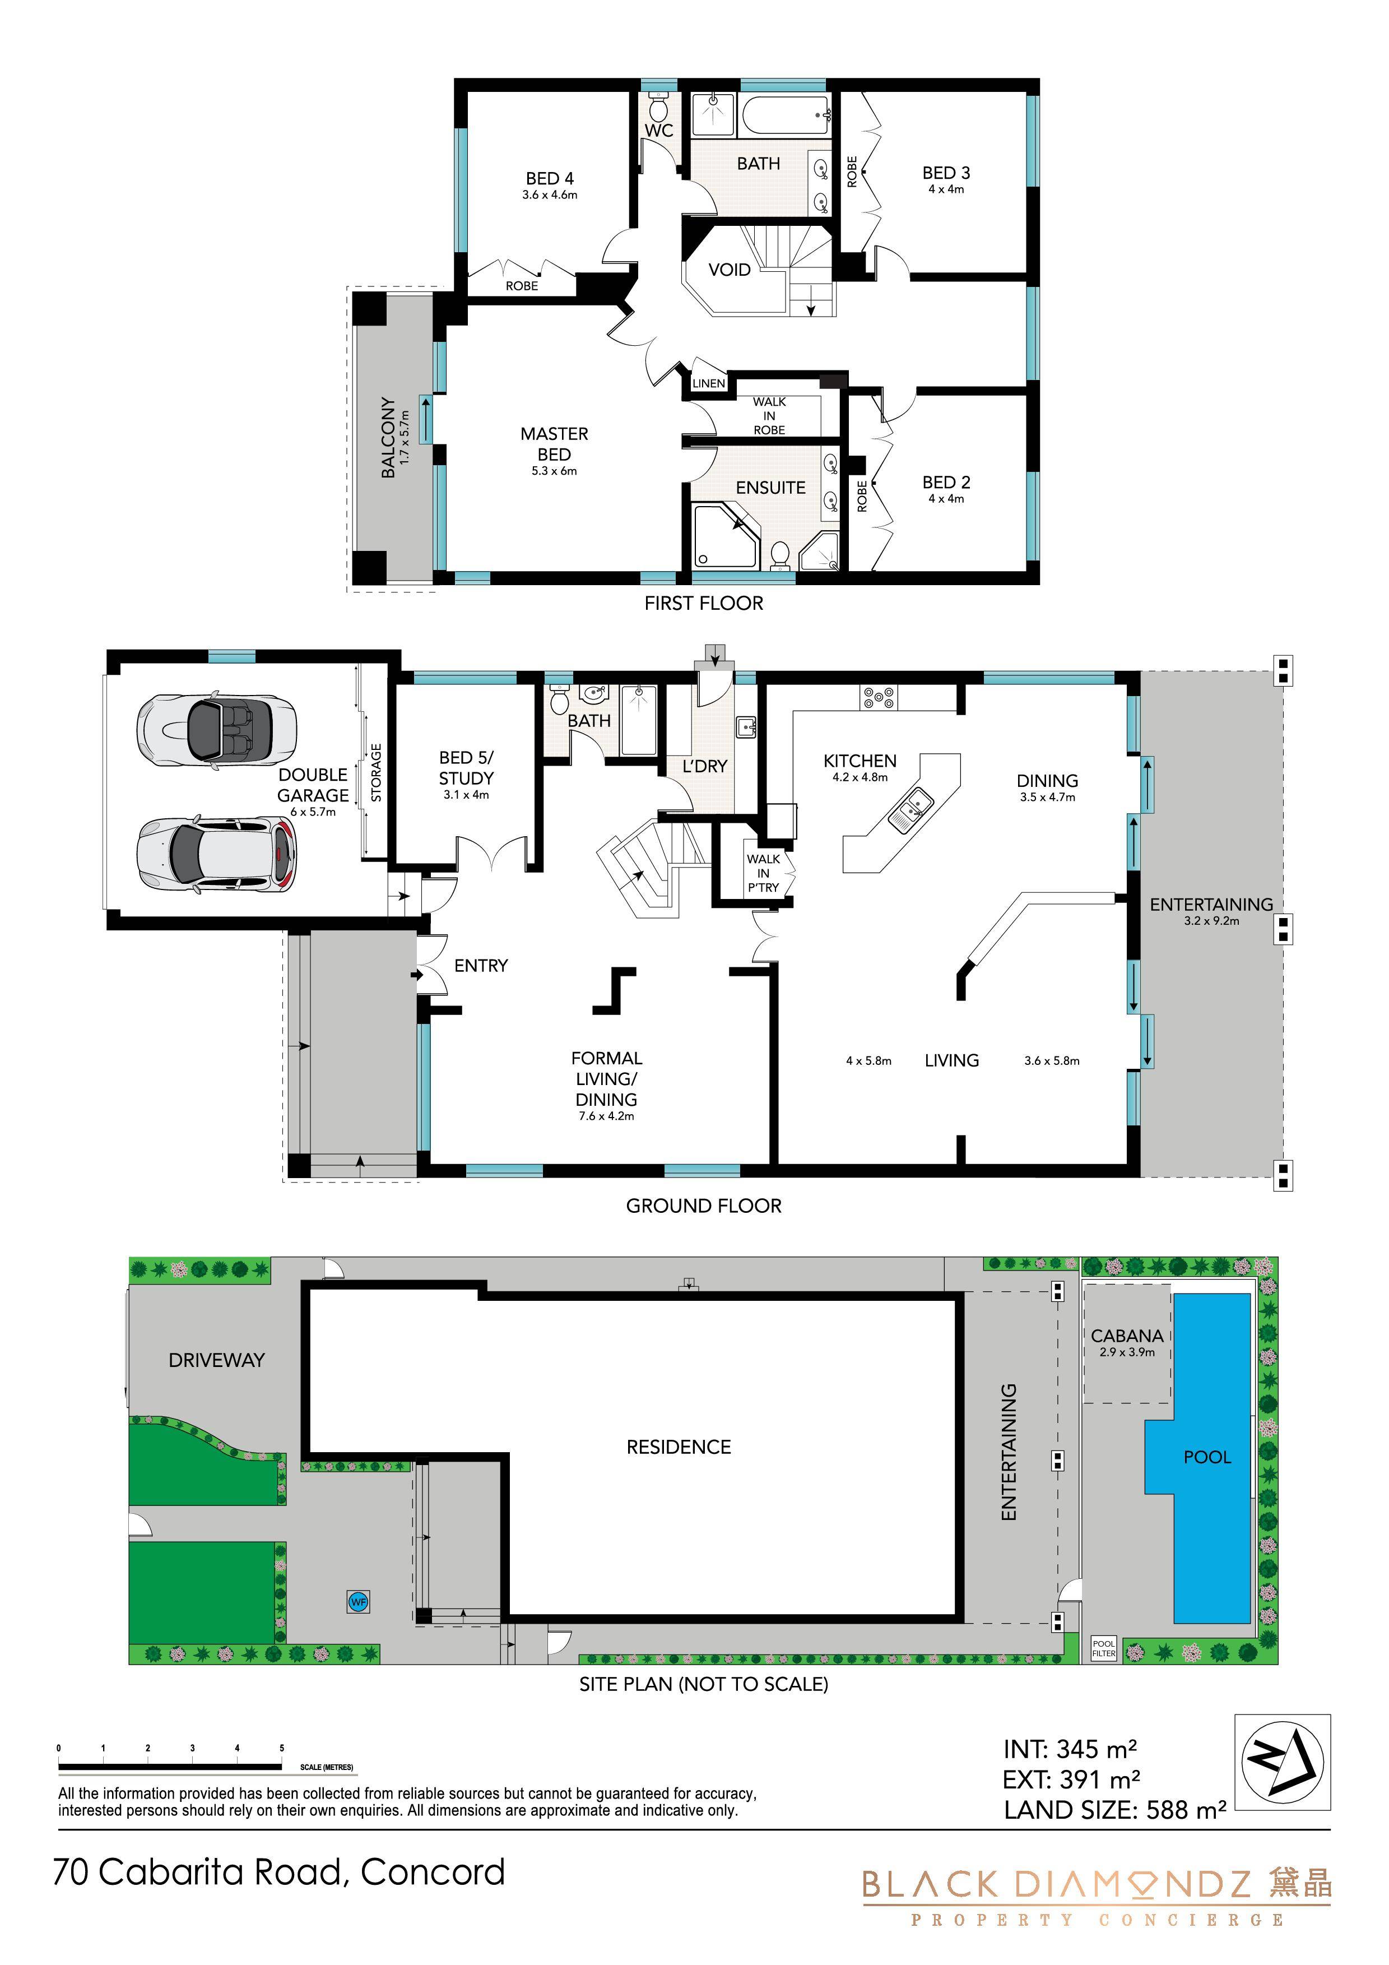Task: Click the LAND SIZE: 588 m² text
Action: (1115, 1810)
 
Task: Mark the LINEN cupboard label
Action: (709, 383)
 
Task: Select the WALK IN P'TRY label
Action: (763, 873)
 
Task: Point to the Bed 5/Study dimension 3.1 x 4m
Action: (466, 795)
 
